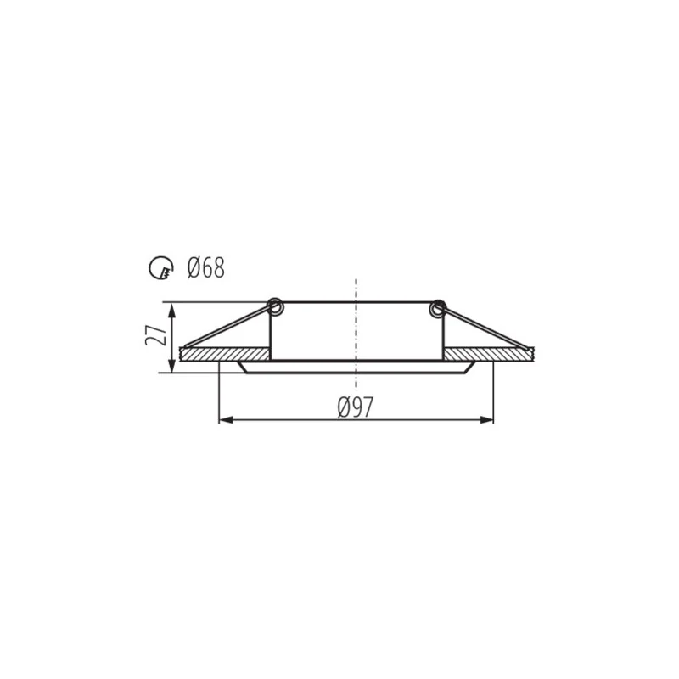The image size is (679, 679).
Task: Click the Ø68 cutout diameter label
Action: [x=206, y=267]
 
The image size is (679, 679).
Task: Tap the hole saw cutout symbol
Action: [x=161, y=268]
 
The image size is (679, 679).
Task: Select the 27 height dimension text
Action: [x=156, y=334]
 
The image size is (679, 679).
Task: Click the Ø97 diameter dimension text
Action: [x=355, y=407]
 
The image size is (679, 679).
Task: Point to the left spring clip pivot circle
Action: [x=275, y=307]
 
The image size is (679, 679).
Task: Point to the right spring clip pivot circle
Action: [x=437, y=308]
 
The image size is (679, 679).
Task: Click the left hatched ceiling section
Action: [x=225, y=354]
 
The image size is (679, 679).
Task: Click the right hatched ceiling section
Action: [x=489, y=354]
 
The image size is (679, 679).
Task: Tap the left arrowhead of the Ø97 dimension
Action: [x=226, y=419]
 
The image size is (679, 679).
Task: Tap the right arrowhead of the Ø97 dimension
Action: [x=486, y=419]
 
